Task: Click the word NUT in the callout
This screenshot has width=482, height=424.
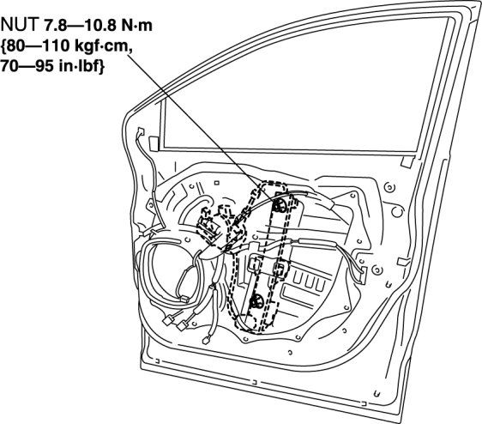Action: pyautogui.click(x=20, y=25)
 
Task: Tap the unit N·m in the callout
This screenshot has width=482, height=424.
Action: pyautogui.click(x=136, y=25)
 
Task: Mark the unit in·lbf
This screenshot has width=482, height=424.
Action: pyautogui.click(x=79, y=66)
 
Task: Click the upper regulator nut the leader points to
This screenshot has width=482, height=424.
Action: pyautogui.click(x=280, y=205)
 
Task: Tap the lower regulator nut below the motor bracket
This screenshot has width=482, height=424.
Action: pyautogui.click(x=256, y=302)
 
